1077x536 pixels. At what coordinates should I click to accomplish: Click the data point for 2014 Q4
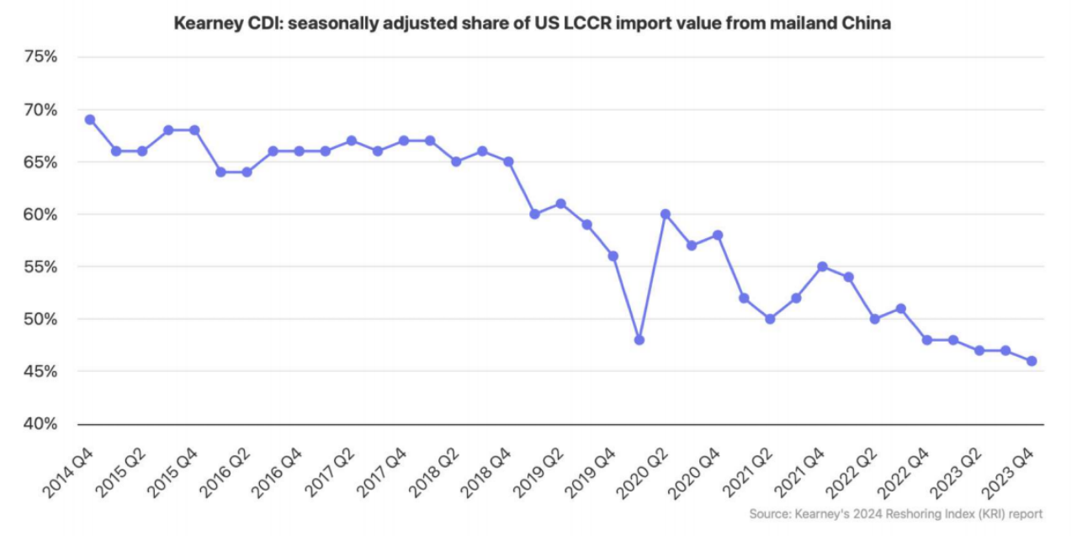[x=90, y=119]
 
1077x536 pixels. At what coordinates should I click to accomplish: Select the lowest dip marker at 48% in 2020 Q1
[x=639, y=340]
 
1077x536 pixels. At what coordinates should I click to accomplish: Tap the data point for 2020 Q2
[x=666, y=214]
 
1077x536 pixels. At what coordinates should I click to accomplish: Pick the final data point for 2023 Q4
[x=1032, y=361]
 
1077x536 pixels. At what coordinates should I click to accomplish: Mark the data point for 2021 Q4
[x=823, y=267]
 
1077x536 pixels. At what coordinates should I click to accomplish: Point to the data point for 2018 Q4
[x=508, y=162]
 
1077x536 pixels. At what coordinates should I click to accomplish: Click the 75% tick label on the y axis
[x=40, y=57]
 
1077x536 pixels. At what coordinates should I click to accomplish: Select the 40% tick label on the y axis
[x=40, y=424]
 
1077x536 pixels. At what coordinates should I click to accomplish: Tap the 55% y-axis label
[x=40, y=267]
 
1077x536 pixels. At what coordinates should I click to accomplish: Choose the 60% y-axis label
[x=40, y=215]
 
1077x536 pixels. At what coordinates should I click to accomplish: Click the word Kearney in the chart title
[x=205, y=24]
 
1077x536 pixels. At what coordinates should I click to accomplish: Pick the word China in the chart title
[x=867, y=24]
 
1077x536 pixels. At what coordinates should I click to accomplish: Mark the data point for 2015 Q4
[x=194, y=130]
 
